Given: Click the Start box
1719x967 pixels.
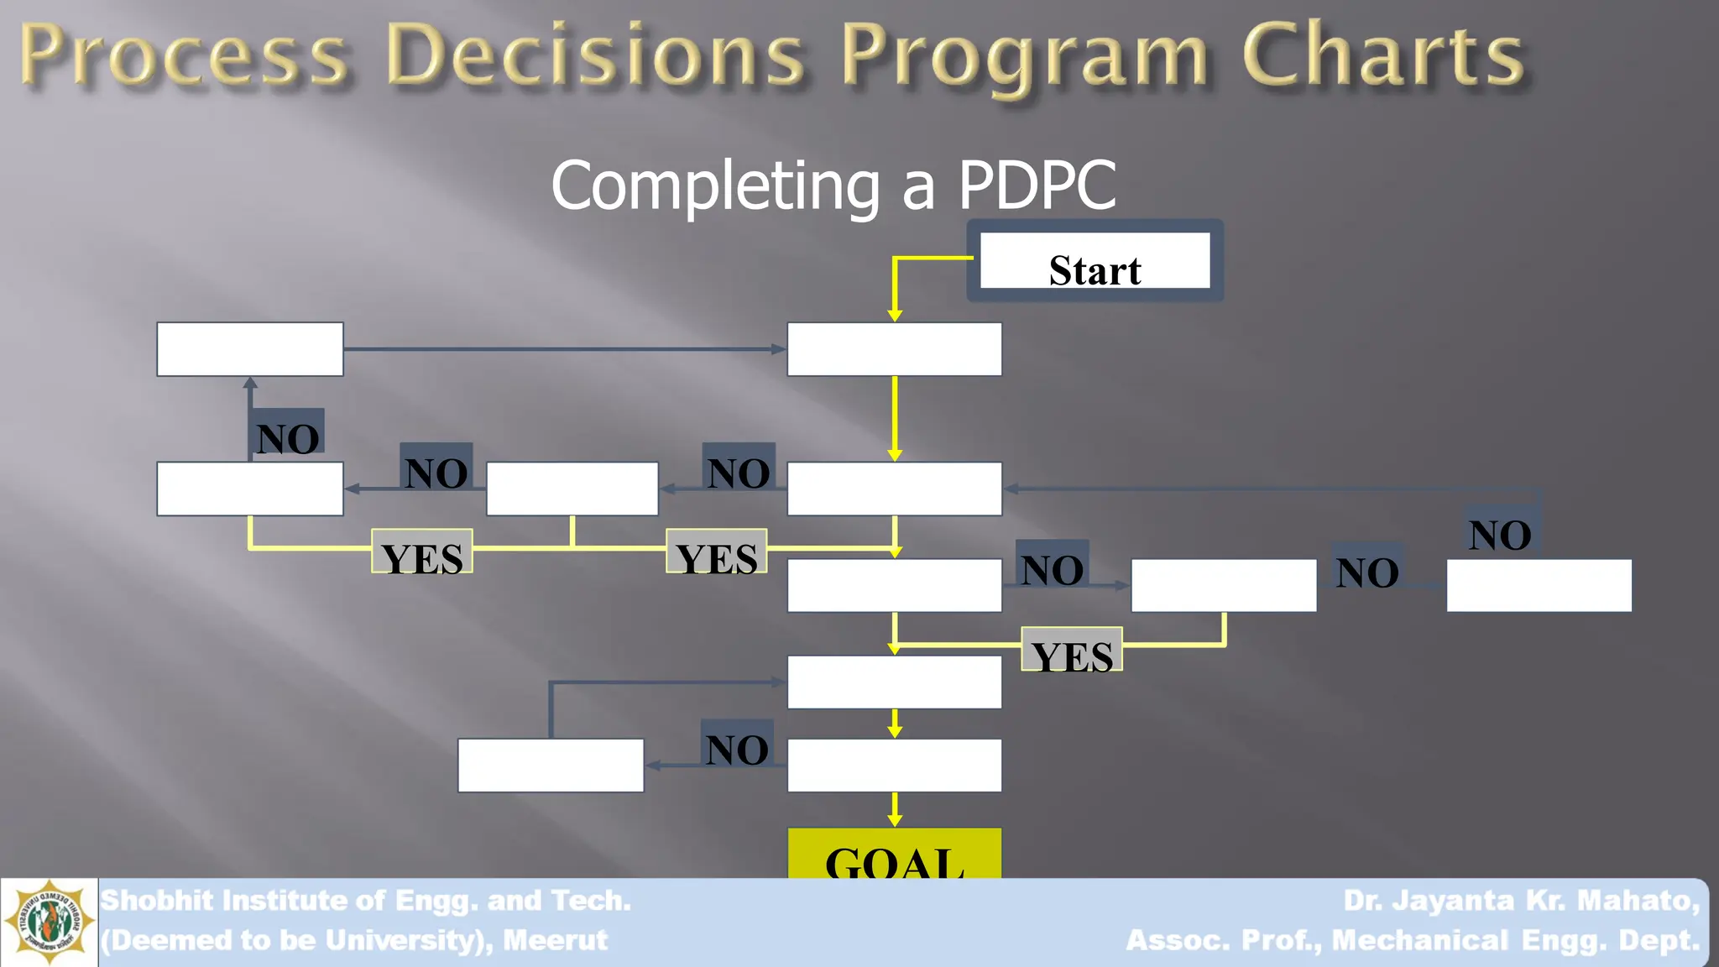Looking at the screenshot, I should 1095,261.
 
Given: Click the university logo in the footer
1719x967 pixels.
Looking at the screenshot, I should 50,923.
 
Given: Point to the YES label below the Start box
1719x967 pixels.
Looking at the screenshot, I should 1072,649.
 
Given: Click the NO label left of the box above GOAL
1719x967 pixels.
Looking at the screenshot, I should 737,743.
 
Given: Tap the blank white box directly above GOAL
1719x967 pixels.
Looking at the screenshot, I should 895,766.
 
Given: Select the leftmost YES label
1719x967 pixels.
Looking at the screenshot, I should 422,551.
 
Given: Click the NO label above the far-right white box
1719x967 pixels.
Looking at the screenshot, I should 1501,529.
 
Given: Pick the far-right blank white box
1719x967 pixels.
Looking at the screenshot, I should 1539,585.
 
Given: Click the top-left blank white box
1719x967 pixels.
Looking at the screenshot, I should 250,349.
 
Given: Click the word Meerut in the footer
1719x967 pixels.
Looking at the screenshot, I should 555,940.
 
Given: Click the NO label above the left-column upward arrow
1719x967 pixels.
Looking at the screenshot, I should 287,432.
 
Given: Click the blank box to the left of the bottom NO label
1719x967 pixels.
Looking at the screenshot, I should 551,766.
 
